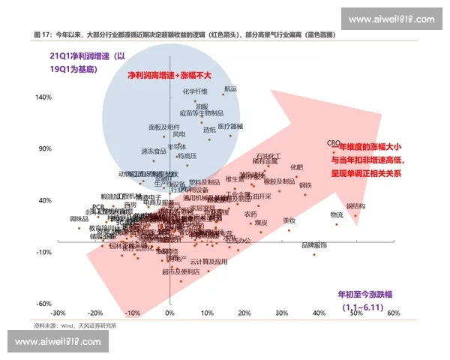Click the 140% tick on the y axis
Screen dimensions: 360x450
(42, 97)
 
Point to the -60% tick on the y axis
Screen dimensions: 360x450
(42, 303)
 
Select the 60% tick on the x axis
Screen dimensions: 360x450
(393, 313)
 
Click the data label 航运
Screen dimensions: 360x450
(229, 88)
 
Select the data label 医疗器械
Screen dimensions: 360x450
(230, 126)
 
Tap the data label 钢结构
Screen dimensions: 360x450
(355, 205)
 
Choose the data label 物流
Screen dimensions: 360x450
(337, 214)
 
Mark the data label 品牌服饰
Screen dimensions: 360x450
(313, 245)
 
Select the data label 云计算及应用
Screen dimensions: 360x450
(208, 262)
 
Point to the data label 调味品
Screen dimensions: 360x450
(79, 219)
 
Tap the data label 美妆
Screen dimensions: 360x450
(289, 220)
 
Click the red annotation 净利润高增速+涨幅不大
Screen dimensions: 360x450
(170, 76)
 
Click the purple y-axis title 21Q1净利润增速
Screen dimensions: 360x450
(82, 56)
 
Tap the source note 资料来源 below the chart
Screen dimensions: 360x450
(75, 325)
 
